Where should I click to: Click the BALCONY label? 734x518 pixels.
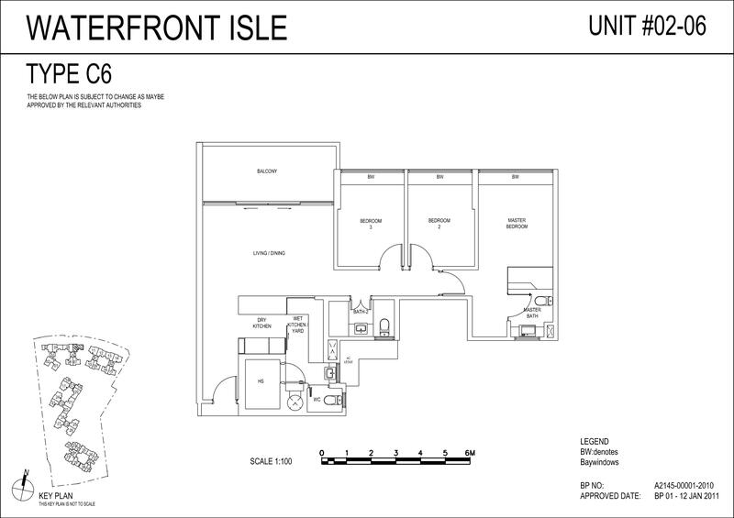tap(267, 171)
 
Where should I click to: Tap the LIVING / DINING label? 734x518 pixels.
tap(270, 252)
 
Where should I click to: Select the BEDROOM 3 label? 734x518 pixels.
tap(371, 224)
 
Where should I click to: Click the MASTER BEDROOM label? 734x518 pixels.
tap(517, 223)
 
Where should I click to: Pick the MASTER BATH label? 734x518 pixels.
tap(532, 313)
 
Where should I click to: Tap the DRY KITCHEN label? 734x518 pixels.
tap(266, 325)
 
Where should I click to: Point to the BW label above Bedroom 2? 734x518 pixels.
tap(440, 176)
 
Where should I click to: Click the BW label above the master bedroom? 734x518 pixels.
tap(516, 176)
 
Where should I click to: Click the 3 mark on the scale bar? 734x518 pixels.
tap(395, 453)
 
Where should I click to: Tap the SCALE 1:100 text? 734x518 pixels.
tap(270, 461)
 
